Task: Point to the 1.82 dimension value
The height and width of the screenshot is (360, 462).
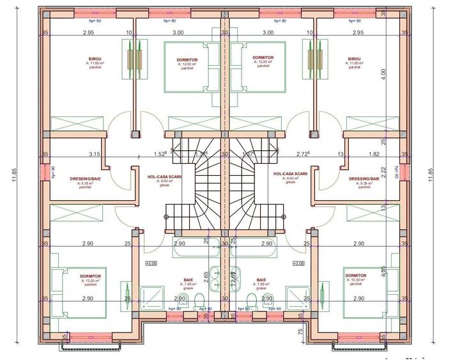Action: click(x=374, y=154)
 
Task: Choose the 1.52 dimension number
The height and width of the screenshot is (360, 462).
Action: click(x=160, y=154)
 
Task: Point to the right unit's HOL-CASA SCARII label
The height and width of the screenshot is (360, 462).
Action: click(x=290, y=174)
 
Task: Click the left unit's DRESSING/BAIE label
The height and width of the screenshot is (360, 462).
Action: click(x=86, y=180)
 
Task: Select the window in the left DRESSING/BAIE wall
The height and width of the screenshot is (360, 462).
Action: click(x=45, y=175)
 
